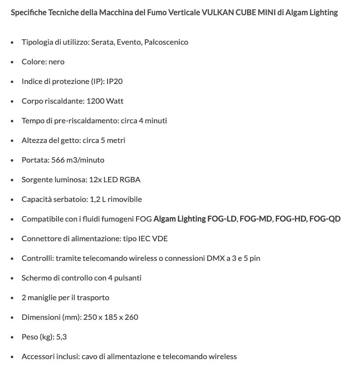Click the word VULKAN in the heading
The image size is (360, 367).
pyautogui.click(x=217, y=12)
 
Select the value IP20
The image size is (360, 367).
pyautogui.click(x=114, y=82)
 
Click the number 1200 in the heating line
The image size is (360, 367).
pyautogui.click(x=96, y=101)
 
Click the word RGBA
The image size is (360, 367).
pyautogui.click(x=131, y=180)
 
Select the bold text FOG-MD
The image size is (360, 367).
pyautogui.click(x=256, y=219)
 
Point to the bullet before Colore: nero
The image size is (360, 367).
pyautogui.click(x=12, y=62)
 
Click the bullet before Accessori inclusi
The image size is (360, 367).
pyautogui.click(x=12, y=357)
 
